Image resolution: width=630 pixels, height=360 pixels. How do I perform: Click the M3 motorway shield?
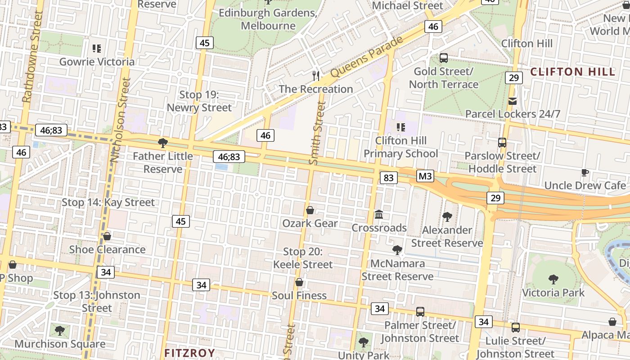[x=425, y=176]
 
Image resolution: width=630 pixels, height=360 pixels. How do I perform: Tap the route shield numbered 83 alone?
[x=388, y=178]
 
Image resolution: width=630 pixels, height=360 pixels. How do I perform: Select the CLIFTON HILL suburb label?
[x=572, y=72]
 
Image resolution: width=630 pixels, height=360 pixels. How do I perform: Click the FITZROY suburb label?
[x=189, y=353]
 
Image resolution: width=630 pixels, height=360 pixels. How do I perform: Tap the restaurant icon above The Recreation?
[x=316, y=76]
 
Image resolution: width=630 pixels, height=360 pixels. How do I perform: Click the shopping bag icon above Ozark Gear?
[x=310, y=210]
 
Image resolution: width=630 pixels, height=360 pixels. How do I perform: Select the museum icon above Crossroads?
[x=379, y=215]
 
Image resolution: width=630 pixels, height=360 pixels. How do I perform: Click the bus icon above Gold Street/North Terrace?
[x=444, y=58]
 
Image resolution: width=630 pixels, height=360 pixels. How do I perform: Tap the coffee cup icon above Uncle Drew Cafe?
[x=585, y=172]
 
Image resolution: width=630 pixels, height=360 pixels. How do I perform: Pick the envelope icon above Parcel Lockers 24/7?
[x=513, y=101]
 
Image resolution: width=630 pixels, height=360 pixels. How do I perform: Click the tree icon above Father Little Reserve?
[x=163, y=143]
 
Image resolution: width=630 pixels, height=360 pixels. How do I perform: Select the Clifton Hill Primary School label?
[x=400, y=147]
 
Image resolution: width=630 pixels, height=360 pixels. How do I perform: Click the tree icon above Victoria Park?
[x=553, y=279]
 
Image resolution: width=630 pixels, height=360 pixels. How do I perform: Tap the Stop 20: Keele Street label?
[x=303, y=258]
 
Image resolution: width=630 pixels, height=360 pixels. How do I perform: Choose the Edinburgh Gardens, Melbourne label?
[x=268, y=19]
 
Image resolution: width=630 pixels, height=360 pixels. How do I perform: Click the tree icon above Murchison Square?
[x=59, y=331]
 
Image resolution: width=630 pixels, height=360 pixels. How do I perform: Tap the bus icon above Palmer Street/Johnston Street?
[x=420, y=311]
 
